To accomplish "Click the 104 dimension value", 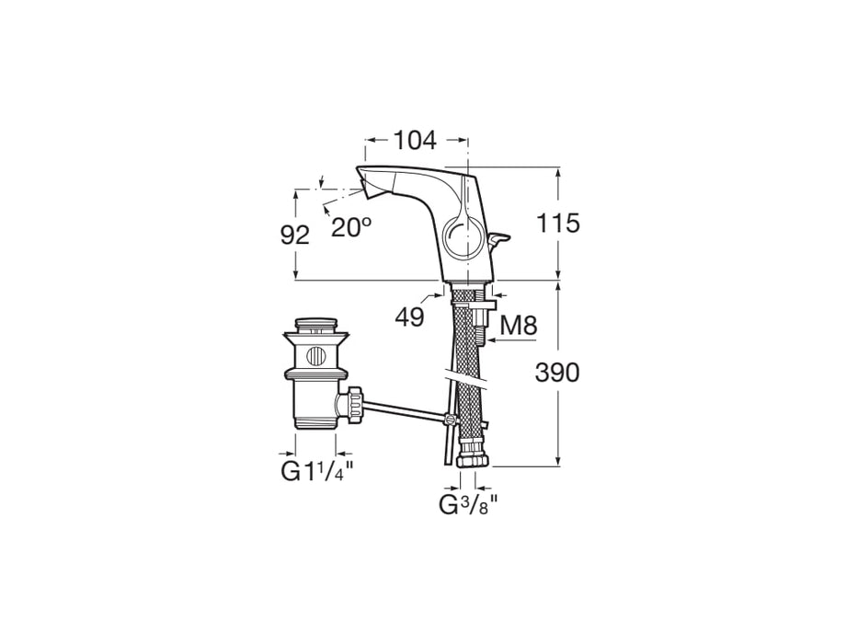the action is pyautogui.click(x=416, y=141).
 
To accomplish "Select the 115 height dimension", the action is pyautogui.click(x=557, y=224).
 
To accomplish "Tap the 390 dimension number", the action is pyautogui.click(x=557, y=373).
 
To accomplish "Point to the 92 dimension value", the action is pyautogui.click(x=295, y=235).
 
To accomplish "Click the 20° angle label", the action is pyautogui.click(x=350, y=226).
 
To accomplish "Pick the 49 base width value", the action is pyautogui.click(x=410, y=316).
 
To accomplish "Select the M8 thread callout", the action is pyautogui.click(x=519, y=326).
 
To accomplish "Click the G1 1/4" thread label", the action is pyautogui.click(x=317, y=470).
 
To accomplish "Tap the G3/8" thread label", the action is pyautogui.click(x=468, y=505).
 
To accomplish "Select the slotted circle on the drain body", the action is pyautogui.click(x=315, y=357).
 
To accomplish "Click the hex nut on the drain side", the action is pyautogui.click(x=350, y=405).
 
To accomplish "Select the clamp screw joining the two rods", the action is pyautogui.click(x=450, y=420).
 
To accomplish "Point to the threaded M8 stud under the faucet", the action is pyautogui.click(x=481, y=327).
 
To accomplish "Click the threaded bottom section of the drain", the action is pyautogui.click(x=315, y=422).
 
